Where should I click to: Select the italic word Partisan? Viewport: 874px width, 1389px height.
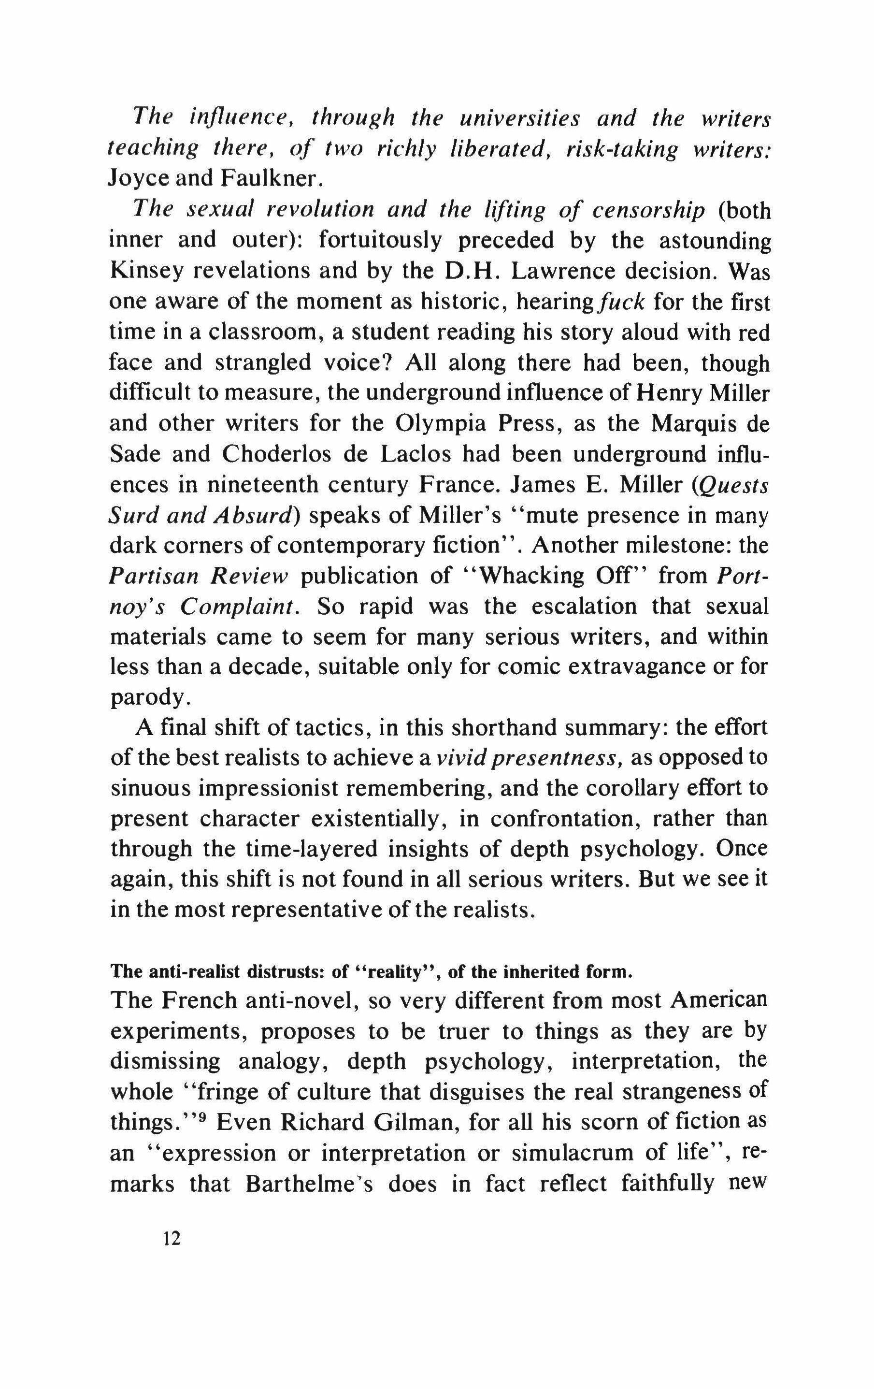point(152,575)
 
